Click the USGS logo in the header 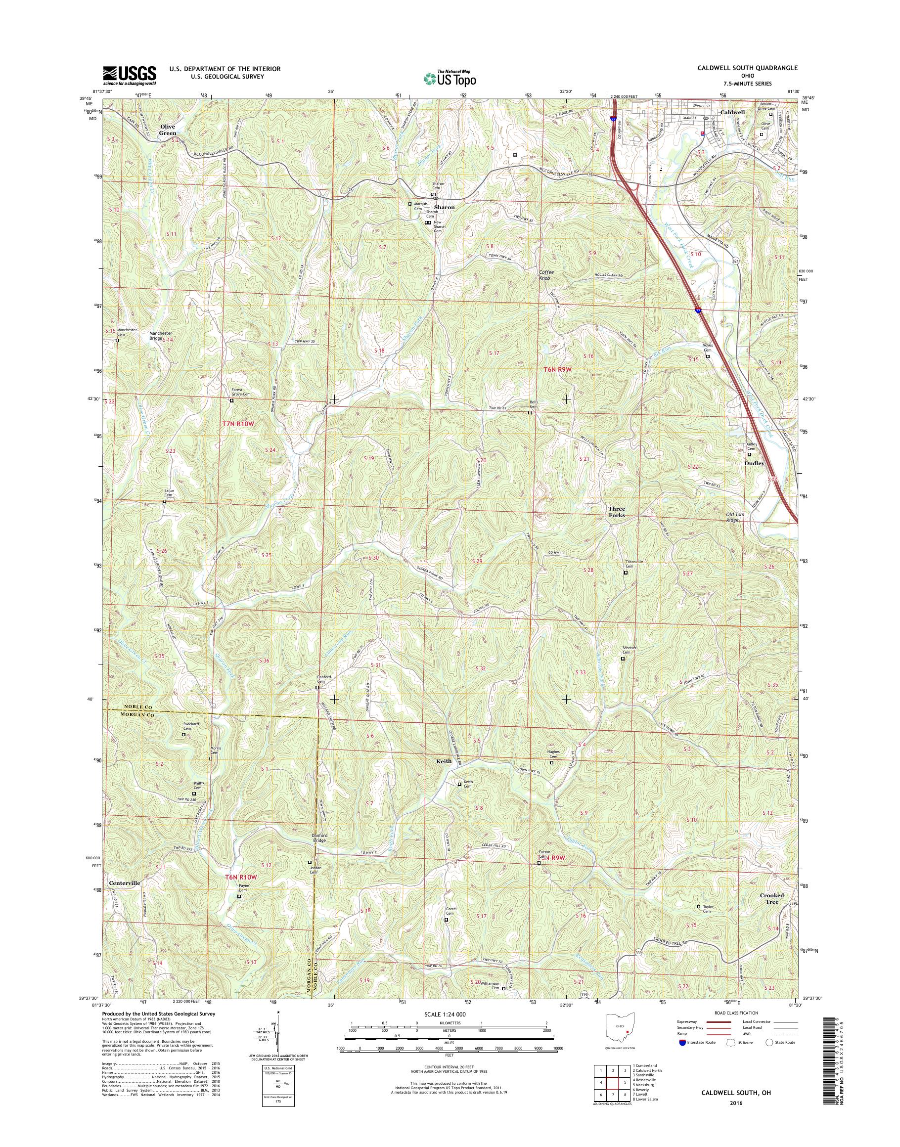pyautogui.click(x=129, y=75)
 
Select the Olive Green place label pyautogui.click(x=168, y=130)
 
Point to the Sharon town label pyautogui.click(x=444, y=208)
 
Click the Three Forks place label pyautogui.click(x=617, y=512)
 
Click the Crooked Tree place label pyautogui.click(x=772, y=898)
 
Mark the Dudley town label pyautogui.click(x=754, y=463)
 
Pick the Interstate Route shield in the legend pyautogui.click(x=682, y=1042)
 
